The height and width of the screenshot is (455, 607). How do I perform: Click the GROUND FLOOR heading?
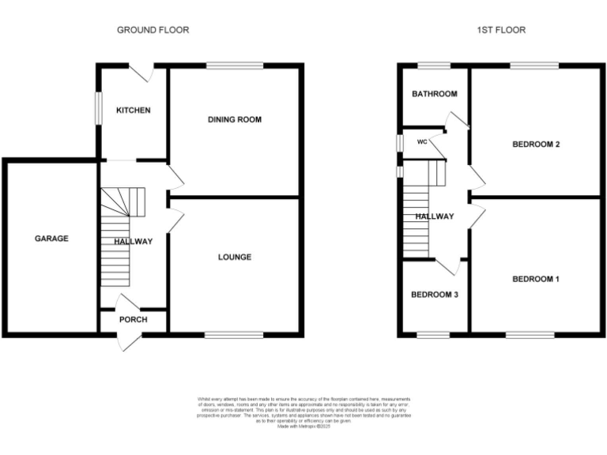click(153, 30)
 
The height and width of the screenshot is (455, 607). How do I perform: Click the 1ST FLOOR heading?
click(501, 30)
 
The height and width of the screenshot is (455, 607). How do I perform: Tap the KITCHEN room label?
click(133, 111)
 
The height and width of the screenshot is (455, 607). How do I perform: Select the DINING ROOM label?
click(235, 120)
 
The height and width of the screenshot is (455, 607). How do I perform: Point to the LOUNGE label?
click(235, 258)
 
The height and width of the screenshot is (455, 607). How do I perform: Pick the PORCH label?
click(133, 320)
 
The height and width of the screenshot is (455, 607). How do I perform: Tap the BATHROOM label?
click(434, 94)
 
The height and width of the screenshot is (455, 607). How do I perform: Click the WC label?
click(422, 142)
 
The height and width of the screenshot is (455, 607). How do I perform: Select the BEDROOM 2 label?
click(536, 145)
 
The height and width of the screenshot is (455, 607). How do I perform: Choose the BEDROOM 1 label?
click(536, 279)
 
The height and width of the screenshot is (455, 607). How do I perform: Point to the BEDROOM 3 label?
click(434, 295)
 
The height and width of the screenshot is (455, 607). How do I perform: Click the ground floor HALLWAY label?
click(133, 242)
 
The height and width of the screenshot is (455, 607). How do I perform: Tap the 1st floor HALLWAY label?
click(435, 216)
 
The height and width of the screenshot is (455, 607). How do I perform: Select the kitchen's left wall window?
click(98, 108)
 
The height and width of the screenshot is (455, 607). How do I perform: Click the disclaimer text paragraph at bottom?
click(303, 412)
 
